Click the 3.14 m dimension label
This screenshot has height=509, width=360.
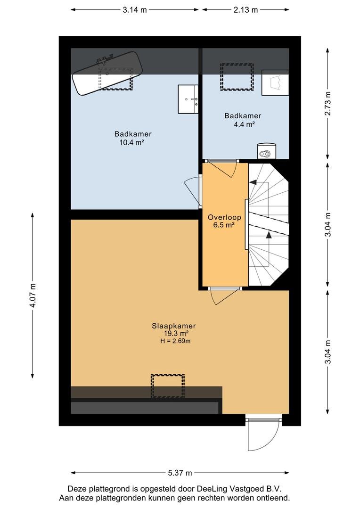(135, 10)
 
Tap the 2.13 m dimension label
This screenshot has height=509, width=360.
(246, 10)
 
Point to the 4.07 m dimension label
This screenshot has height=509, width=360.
(33, 296)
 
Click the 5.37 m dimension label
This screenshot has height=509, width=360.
(180, 473)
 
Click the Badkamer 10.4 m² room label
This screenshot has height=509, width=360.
(133, 138)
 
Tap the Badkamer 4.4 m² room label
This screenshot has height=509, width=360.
(243, 120)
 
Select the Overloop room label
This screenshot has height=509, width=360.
(224, 217)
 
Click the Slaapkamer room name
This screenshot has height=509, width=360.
(174, 326)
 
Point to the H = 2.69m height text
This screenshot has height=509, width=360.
(175, 341)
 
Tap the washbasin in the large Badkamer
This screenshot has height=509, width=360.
(188, 99)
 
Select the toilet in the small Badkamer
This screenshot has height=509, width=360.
(267, 151)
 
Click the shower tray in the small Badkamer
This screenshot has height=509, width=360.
(275, 82)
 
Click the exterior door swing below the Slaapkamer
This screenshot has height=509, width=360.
(263, 434)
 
